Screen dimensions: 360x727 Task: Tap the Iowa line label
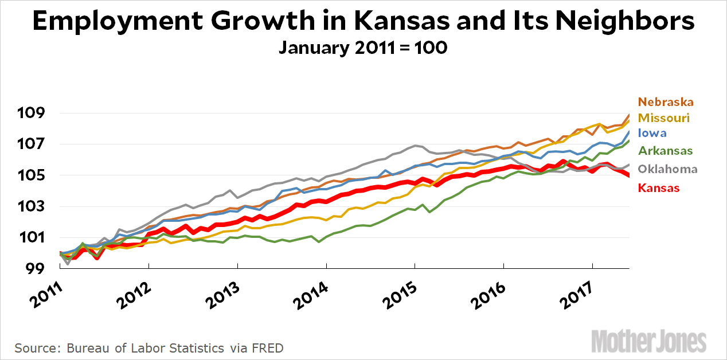[652, 133]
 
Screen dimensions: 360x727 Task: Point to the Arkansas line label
[665, 151]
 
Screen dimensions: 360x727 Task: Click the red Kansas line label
[659, 187]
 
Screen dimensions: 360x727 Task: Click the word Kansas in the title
[402, 22]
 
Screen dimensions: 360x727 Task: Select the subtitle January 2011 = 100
[363, 48]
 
